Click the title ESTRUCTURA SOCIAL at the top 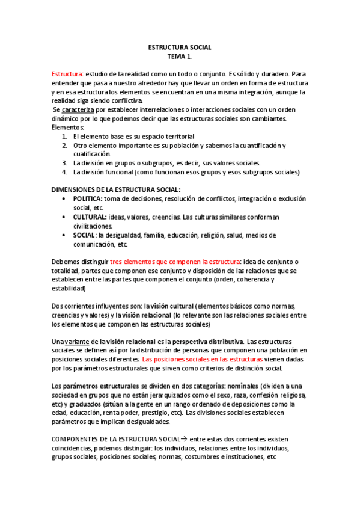(x=180, y=46)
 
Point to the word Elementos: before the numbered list (x=68, y=127)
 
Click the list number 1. (x=64, y=137)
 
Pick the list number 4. (x=64, y=172)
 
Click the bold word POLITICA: (x=88, y=198)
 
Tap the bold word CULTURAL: (x=90, y=217)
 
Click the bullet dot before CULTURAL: (x=64, y=217)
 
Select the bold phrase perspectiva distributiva (x=208, y=342)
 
